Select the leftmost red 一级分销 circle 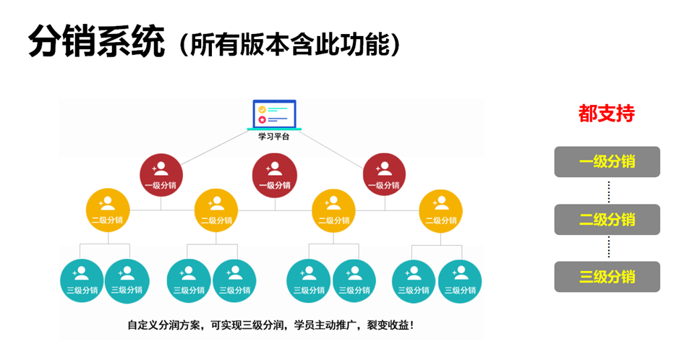coord(161,175)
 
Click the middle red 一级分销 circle coord(274,175)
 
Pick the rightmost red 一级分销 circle coord(384,175)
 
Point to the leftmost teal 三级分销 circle coord(82,280)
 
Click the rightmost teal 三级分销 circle coord(460,280)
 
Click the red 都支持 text coord(607,113)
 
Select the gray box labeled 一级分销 coord(607,162)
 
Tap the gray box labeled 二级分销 coord(607,220)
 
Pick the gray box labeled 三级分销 coord(607,277)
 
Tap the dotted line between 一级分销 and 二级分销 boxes coord(608,191)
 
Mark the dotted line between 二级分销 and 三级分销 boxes coord(608,248)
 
